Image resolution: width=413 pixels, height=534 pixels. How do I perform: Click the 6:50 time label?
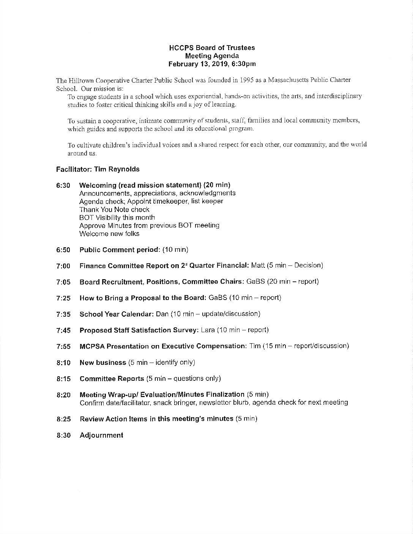click(x=63, y=250)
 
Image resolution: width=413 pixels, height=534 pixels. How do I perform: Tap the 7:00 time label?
click(x=63, y=266)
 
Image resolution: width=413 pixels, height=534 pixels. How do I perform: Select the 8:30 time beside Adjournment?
click(x=64, y=435)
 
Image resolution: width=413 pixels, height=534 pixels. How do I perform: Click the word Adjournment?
click(x=101, y=435)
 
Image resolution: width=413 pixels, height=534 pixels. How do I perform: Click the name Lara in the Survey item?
click(x=208, y=330)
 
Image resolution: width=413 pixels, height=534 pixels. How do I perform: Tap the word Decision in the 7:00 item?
click(x=308, y=265)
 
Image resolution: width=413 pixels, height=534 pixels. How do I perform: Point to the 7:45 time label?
click(x=63, y=330)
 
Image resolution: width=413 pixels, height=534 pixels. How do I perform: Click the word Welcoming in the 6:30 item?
click(x=98, y=185)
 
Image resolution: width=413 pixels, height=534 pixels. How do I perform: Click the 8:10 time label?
click(x=64, y=363)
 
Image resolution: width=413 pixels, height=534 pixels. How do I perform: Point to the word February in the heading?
click(x=181, y=64)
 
